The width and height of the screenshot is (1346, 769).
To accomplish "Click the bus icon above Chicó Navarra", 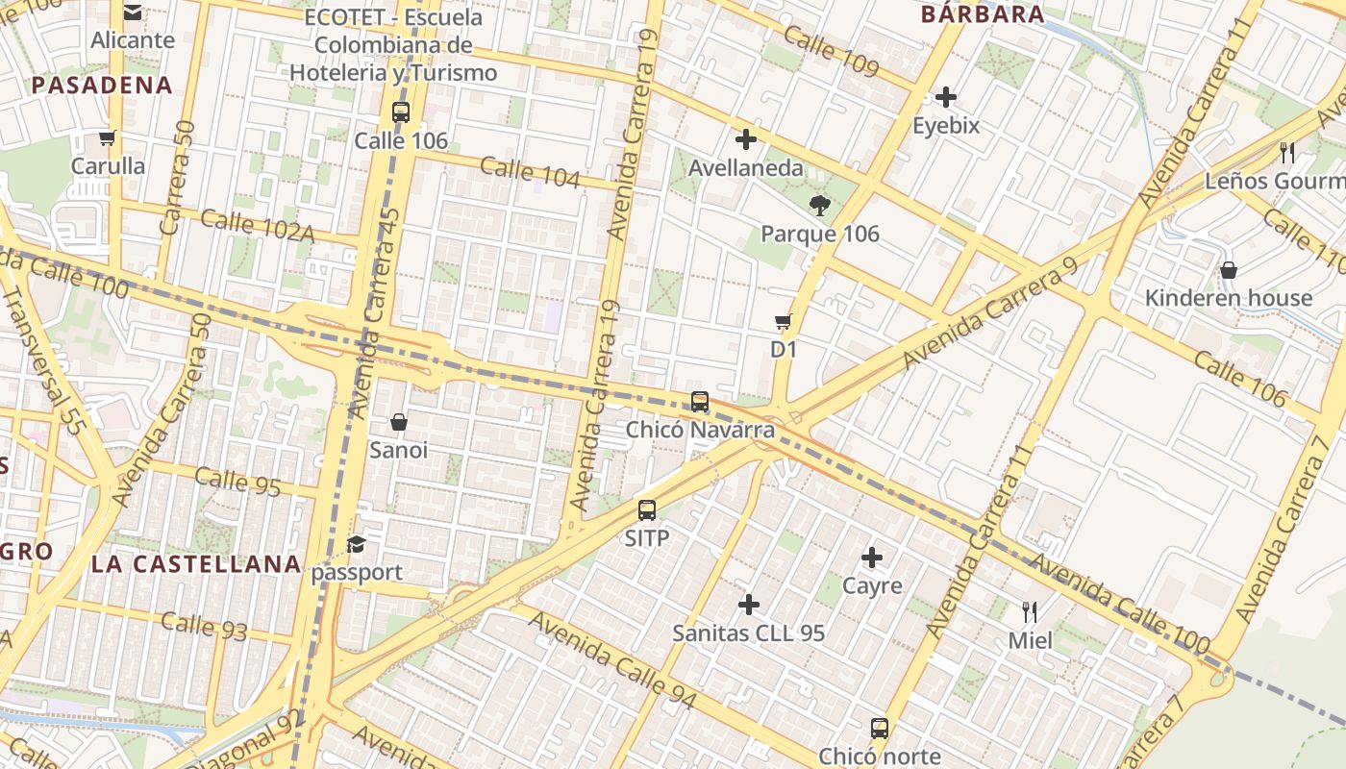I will pos(700,402).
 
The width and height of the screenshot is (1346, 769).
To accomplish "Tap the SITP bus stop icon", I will pos(647,509).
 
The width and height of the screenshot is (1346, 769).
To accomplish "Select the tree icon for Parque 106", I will pos(820,205).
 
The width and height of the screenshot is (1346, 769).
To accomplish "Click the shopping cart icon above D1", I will pos(784,321).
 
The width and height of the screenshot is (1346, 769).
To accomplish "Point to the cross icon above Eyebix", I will pos(946,97).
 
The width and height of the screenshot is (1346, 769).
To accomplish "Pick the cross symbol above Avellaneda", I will pos(745,139).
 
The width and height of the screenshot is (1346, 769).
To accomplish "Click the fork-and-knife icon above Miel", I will pos(1030,611).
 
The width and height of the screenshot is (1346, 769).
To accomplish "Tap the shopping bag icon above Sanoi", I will pos(399,422).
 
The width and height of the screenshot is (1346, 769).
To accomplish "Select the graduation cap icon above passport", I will pos(357,544).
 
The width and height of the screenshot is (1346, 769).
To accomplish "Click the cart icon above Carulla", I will pos(108,137).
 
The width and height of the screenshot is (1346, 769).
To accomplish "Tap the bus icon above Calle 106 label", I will pos(401,112).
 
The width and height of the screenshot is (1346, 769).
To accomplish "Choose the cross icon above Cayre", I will pos(872,558).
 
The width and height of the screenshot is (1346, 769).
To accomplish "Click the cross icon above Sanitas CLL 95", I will pos(749,605).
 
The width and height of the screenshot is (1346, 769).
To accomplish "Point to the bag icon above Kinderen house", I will pos(1228,270).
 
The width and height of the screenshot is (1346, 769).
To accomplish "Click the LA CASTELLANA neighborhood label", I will pos(196,564).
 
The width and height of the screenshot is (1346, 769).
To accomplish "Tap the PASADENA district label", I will pos(102,86).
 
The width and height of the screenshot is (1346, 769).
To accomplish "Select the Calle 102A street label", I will pos(258,225).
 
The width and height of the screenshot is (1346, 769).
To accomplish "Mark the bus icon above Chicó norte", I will pos(879,728).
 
